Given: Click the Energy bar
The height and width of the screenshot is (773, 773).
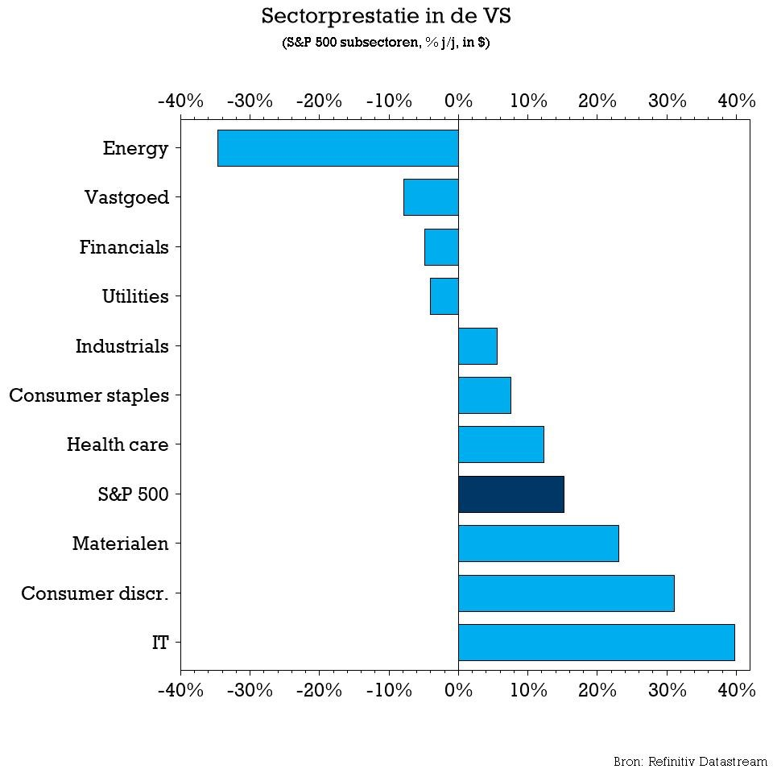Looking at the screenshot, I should pos(337,148).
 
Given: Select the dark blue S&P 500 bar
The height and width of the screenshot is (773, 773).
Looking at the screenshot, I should pos(511,494).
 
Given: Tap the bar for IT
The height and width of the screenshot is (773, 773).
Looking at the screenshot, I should pos(596,642).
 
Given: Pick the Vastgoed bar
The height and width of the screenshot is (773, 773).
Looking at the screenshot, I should pos(431,197).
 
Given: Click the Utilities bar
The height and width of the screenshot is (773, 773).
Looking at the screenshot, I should pos(444,296).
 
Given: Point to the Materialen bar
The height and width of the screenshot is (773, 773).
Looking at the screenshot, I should pos(538,544).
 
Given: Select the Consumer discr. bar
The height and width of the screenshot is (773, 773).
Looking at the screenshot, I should pos(566,593).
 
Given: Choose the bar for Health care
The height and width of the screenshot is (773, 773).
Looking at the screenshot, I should pos(501,444).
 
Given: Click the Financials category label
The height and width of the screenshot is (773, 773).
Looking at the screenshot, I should pos(124,247).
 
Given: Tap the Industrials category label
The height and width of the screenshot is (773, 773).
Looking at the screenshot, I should pos(122,346).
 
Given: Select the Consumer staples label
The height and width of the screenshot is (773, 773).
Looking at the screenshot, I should pos(89,395).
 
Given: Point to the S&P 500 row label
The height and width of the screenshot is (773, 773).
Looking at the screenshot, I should pos(134,494).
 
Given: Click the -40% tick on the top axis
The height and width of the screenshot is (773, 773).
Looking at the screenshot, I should pos(180,101).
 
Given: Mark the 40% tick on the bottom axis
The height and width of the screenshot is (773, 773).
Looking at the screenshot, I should pos(737,690).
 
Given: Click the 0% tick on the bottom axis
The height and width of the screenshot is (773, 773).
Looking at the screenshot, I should pos(458,690).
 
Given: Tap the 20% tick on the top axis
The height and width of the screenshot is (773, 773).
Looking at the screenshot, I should pos(597,101).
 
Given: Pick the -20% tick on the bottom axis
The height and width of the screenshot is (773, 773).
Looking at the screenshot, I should pos(319,690).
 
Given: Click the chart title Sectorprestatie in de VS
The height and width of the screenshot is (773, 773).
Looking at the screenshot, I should pos(386,16).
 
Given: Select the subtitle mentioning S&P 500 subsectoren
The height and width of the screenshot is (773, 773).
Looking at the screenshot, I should pos(386,43).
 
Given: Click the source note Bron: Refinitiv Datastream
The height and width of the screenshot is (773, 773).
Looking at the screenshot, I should pos(690,761).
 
